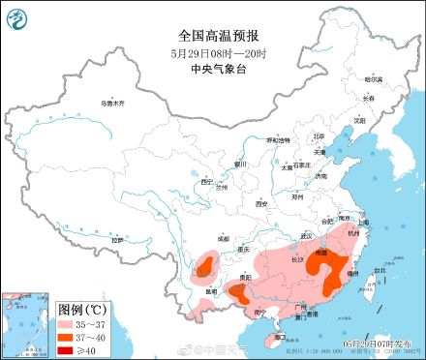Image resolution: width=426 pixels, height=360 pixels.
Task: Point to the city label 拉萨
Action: (x=118, y=239)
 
